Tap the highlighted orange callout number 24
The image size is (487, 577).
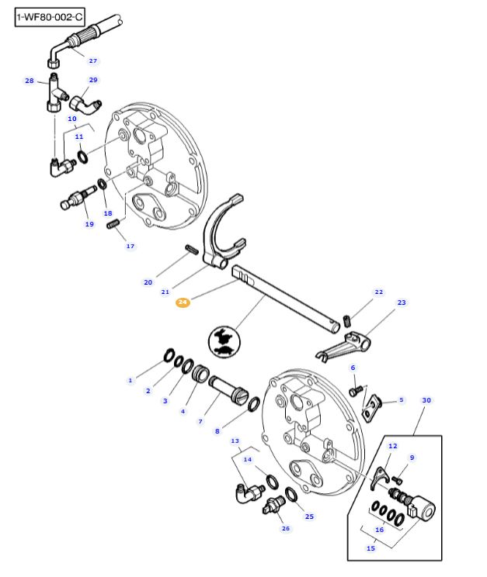pos(183,302)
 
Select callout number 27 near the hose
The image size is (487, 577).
pos(93,60)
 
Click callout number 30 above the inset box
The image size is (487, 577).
pos(426,401)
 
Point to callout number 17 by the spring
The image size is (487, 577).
pos(130,246)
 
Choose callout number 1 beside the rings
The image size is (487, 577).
pos(130,380)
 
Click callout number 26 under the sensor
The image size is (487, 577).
pos(285,528)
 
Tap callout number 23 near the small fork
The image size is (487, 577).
pos(401,302)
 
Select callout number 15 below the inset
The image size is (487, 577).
pos(370,548)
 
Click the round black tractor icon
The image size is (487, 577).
pos(222,342)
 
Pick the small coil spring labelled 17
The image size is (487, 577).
pos(113,224)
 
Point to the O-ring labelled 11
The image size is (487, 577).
pos(82,158)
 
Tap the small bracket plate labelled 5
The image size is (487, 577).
pos(374,403)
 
